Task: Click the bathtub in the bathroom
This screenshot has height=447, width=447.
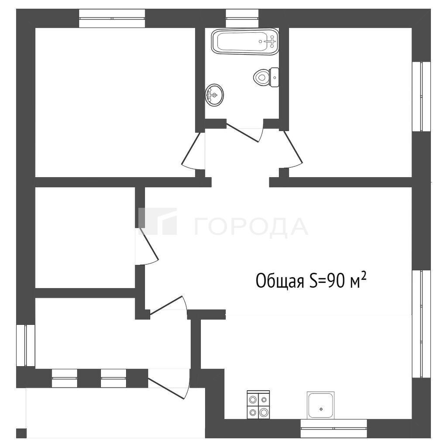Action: (x=245, y=41)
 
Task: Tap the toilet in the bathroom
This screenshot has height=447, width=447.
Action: (x=266, y=77)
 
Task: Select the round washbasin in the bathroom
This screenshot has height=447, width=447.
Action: (x=214, y=95)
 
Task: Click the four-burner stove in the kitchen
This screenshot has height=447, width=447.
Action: (x=258, y=405)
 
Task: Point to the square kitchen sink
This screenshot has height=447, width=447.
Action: (x=320, y=406)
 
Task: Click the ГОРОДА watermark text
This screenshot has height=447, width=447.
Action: (x=251, y=227)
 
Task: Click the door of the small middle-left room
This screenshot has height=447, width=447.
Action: (x=147, y=246)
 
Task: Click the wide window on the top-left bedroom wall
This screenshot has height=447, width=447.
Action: (x=112, y=18)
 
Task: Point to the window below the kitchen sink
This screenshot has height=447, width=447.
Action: (x=334, y=428)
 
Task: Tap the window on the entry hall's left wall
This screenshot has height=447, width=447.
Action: (x=26, y=345)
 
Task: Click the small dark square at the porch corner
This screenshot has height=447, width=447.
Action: (x=21, y=433)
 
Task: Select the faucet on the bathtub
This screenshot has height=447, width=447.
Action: (x=271, y=41)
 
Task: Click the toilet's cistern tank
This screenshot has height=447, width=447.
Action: (x=275, y=77)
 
